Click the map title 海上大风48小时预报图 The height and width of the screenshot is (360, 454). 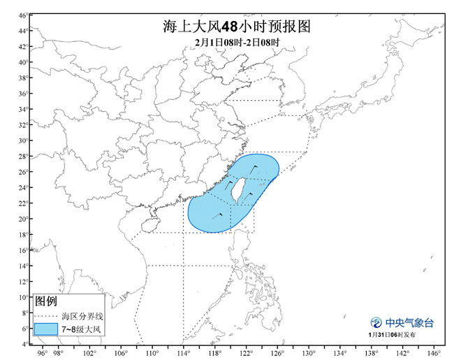coord(227,27)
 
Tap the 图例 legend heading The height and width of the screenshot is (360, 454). coord(46,302)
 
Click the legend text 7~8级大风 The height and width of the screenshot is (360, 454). coord(82,328)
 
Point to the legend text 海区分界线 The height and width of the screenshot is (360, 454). coord(82,316)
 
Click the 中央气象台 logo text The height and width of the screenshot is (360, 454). coord(410,323)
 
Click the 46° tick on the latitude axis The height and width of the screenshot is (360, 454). coord(23,15)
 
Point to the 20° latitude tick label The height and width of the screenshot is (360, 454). coord(23,219)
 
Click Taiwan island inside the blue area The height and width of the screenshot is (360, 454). coord(237,190)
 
